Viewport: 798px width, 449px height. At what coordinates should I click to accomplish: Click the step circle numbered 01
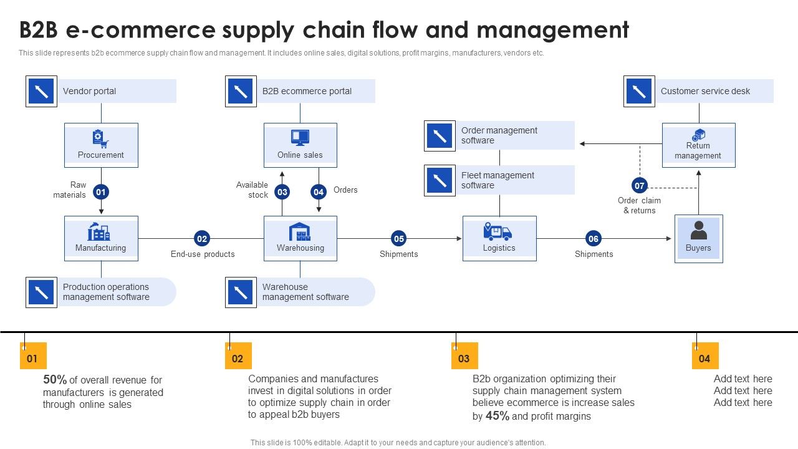(x=101, y=192)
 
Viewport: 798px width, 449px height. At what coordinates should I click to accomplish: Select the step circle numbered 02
(x=201, y=238)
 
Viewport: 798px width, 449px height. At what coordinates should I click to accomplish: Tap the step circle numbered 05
(x=399, y=238)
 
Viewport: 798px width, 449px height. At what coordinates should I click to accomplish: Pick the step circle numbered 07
(x=640, y=185)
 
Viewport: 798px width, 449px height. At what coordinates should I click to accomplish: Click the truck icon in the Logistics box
(x=498, y=232)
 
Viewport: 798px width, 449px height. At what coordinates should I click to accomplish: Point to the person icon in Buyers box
(x=698, y=230)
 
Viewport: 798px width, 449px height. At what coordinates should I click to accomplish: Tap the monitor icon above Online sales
(x=300, y=138)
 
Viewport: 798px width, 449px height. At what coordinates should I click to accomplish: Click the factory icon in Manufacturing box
(x=99, y=231)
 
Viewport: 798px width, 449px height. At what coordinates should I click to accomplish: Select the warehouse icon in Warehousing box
(x=300, y=231)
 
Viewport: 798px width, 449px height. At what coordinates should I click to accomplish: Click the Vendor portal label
(x=90, y=91)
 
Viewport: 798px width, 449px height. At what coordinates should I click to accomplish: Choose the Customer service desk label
(x=705, y=91)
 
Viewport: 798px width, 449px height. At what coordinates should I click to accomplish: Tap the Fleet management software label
(x=498, y=180)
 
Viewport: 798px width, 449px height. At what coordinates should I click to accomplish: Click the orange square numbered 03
(x=464, y=358)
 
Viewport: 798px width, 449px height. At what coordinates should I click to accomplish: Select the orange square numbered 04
(x=705, y=358)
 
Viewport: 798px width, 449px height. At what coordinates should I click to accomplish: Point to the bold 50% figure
(x=55, y=379)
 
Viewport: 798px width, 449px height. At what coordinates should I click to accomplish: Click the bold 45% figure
(x=498, y=416)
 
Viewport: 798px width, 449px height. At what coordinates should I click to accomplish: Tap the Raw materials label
(x=70, y=190)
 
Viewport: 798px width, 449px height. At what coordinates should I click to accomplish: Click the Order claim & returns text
(x=639, y=205)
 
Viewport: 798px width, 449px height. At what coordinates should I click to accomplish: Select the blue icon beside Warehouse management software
(x=241, y=292)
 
